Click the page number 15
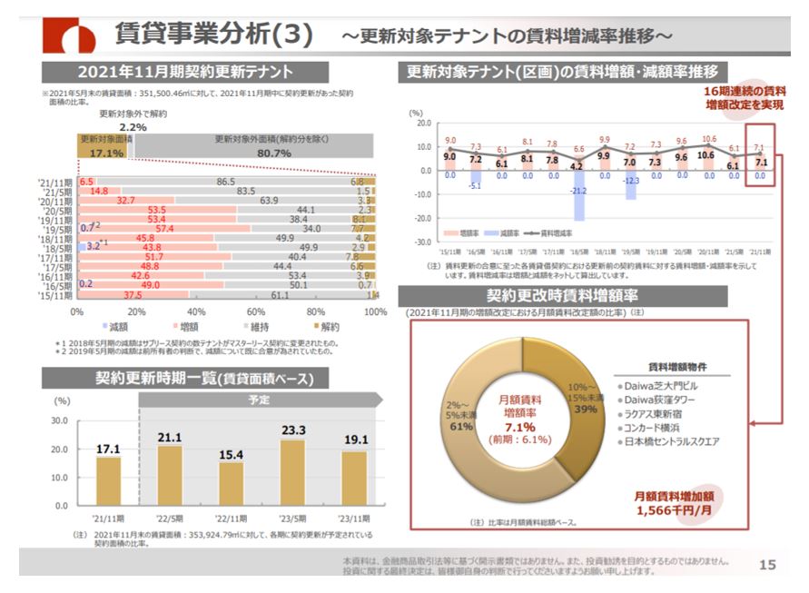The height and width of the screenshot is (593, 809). coord(767,565)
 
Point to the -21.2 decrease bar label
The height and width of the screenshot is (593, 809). coord(578,192)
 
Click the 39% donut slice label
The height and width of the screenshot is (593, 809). coord(586,409)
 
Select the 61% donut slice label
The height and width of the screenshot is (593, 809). coord(461,425)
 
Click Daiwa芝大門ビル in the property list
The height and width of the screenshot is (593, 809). coord(667,385)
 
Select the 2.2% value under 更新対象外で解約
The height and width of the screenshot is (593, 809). coord(132,127)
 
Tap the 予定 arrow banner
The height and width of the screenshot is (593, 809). coord(260,400)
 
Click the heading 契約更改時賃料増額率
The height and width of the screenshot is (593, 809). coord(563,296)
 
